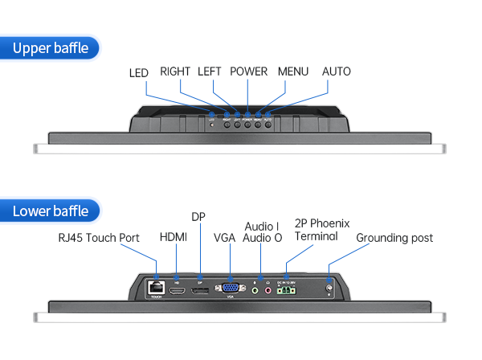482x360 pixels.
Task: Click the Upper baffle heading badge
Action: (x=52, y=48)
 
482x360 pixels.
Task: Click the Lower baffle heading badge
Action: (x=52, y=211)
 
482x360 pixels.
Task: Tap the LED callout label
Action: (x=139, y=72)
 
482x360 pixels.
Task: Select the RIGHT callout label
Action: (x=175, y=72)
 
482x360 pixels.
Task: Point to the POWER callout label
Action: (x=248, y=72)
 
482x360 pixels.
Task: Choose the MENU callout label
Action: (x=293, y=72)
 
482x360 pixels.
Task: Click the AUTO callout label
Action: (x=337, y=72)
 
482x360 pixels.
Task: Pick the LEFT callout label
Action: (x=209, y=72)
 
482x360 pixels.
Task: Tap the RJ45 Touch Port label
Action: (x=99, y=238)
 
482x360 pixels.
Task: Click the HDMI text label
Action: (x=174, y=237)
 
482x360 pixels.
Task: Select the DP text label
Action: (x=198, y=217)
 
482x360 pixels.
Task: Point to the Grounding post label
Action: (x=394, y=238)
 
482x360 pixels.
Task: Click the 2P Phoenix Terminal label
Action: (x=321, y=230)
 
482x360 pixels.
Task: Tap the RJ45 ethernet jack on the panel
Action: (x=155, y=287)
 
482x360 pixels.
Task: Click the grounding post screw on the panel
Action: (x=329, y=287)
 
